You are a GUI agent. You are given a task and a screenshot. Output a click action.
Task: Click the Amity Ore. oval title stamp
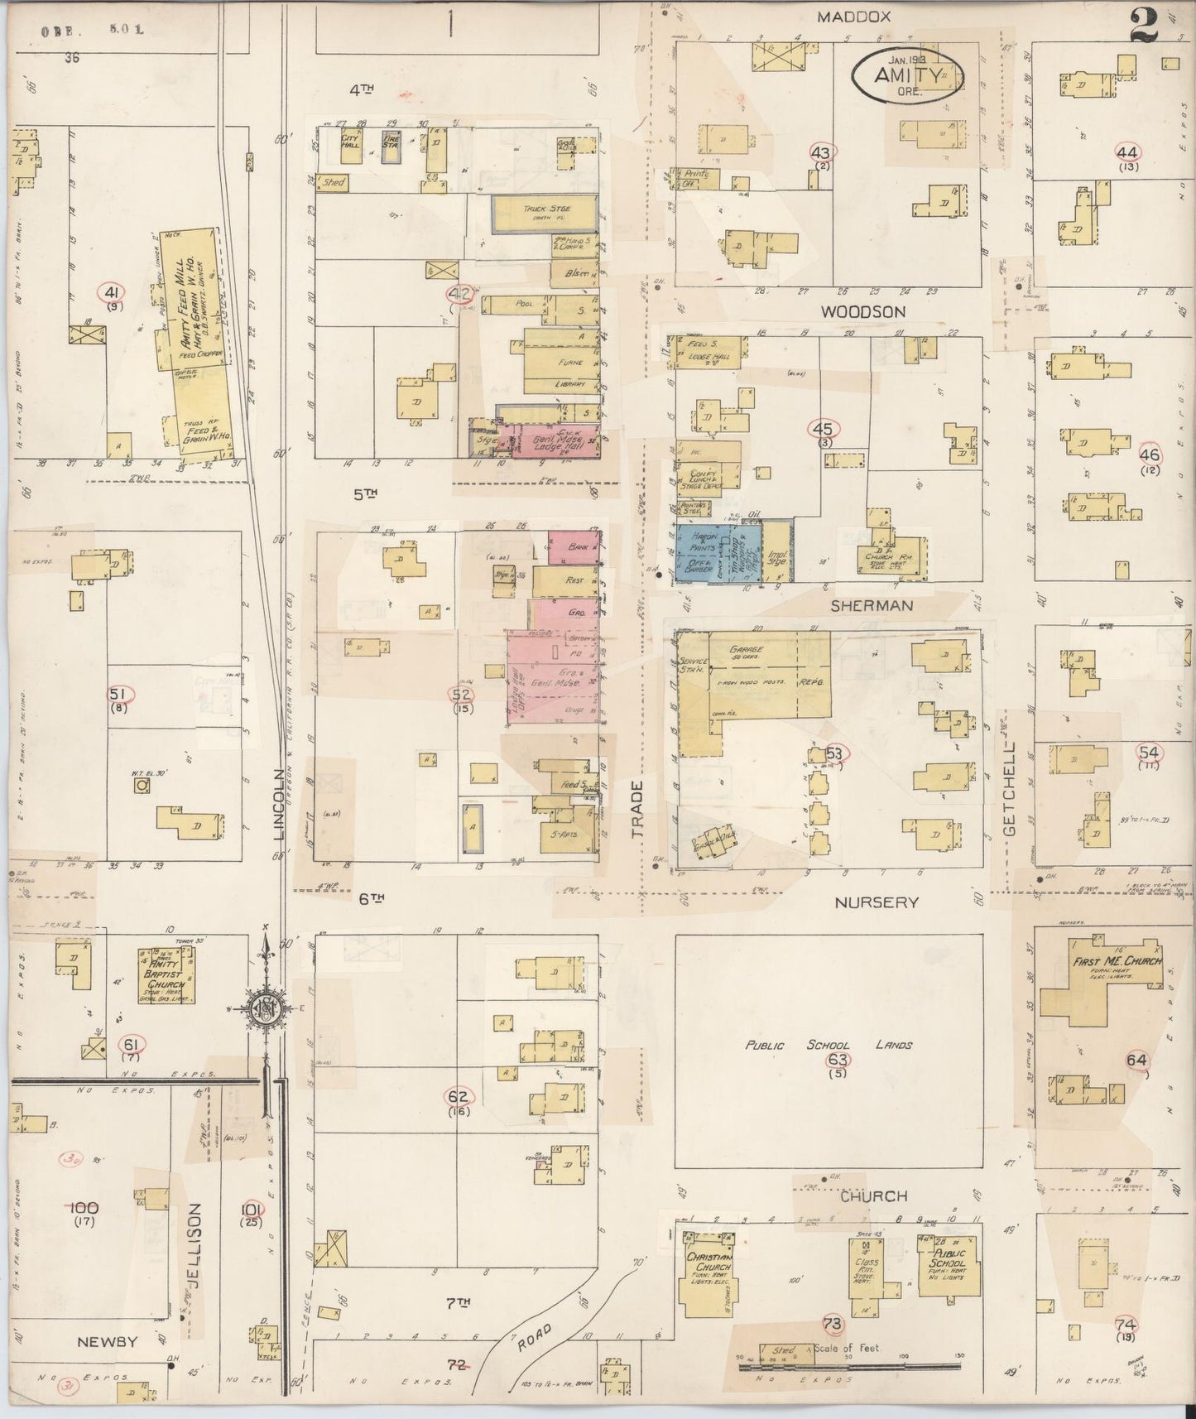(907, 75)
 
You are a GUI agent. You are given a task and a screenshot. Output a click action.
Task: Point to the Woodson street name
(863, 312)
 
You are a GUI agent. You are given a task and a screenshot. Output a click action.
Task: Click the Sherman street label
(872, 606)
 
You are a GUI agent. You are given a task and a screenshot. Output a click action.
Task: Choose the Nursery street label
(877, 902)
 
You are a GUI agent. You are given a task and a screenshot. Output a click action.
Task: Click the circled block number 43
(820, 153)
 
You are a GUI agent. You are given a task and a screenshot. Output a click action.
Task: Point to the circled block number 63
(837, 1061)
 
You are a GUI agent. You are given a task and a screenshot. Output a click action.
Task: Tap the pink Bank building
(574, 547)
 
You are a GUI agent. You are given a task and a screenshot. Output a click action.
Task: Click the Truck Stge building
(544, 213)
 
